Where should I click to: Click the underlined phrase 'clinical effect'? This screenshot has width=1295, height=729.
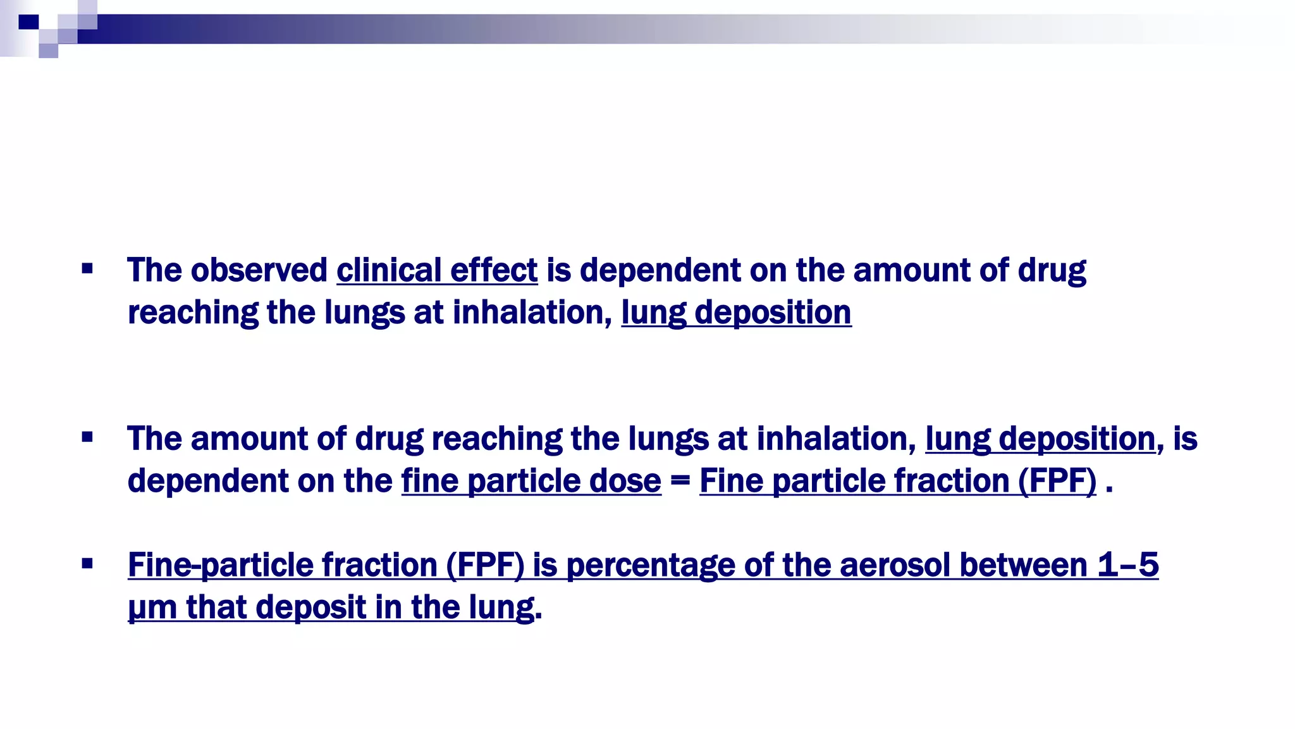click(x=437, y=271)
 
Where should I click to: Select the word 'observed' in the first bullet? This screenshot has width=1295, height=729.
click(x=259, y=271)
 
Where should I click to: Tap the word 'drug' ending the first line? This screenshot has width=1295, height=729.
click(x=1052, y=271)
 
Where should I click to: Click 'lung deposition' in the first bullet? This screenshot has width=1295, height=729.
click(x=736, y=313)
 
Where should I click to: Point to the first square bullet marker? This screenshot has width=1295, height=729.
click(x=87, y=269)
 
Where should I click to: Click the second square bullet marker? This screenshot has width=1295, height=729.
click(x=87, y=437)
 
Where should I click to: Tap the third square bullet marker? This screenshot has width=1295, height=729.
click(x=87, y=563)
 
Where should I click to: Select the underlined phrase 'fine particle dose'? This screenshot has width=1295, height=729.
click(x=531, y=481)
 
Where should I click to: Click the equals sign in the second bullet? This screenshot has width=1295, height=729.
click(x=680, y=481)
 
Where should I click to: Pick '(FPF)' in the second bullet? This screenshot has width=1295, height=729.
click(x=1057, y=481)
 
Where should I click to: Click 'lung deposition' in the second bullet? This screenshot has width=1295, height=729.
click(x=1040, y=439)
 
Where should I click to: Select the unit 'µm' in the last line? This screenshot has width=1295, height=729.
click(x=152, y=607)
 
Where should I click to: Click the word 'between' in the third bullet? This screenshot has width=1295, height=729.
click(x=1023, y=564)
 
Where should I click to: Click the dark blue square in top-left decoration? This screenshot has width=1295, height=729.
click(x=29, y=23)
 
